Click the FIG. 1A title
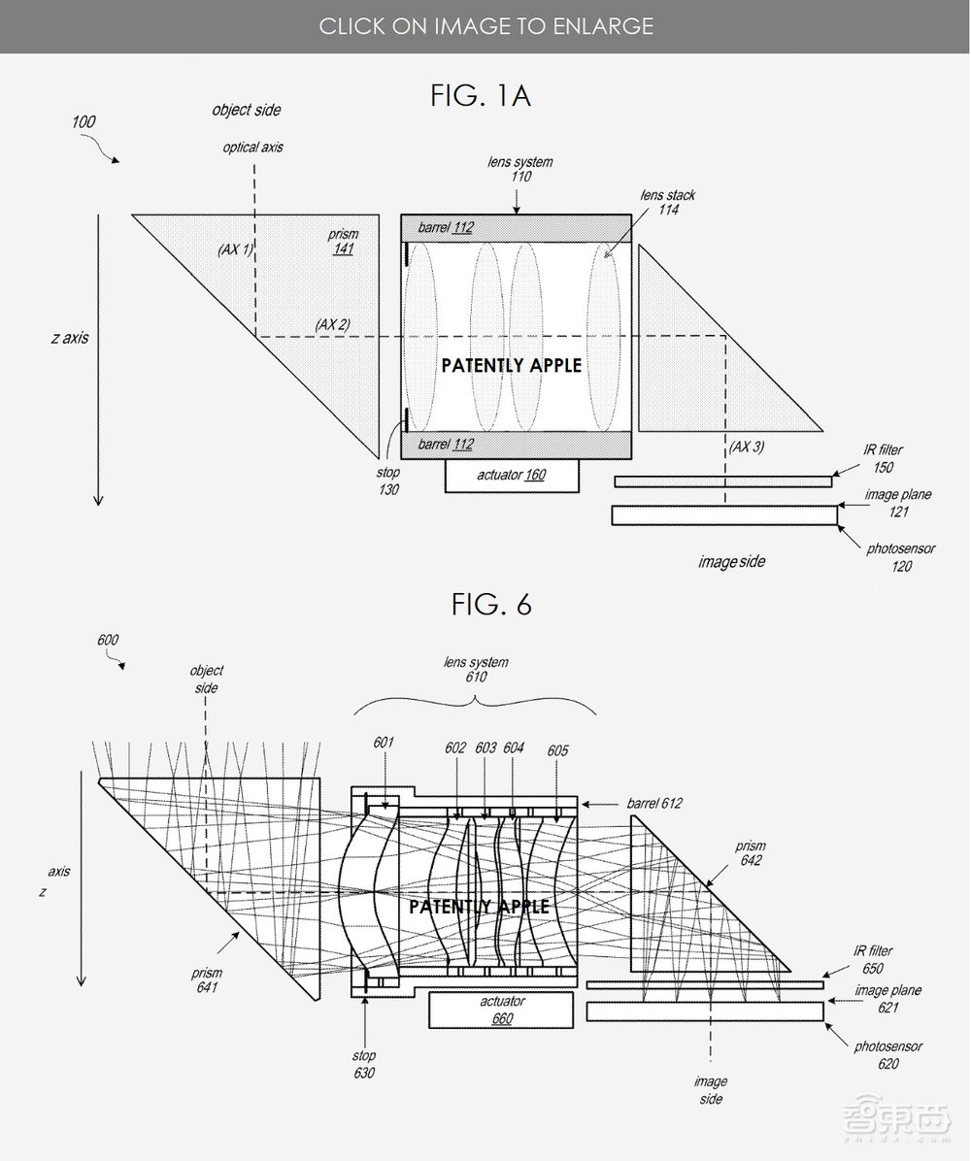coord(480,95)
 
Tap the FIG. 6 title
coord(491,605)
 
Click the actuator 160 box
coord(512,476)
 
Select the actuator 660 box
coord(501,1010)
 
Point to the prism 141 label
coord(343,242)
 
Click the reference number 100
coord(83,122)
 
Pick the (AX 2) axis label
coord(332,324)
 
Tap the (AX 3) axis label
coord(747,447)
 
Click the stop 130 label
coord(388,481)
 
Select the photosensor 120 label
coord(901,557)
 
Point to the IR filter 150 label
coord(883,458)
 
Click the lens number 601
coord(384,743)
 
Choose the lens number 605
coord(557,750)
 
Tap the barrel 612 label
coord(654,803)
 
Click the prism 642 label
coord(751,853)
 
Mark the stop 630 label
coord(364,1064)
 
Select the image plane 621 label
coord(888,999)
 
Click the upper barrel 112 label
coord(445,227)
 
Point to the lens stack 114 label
coord(668,202)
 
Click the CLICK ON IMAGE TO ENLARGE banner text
coord(485,26)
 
